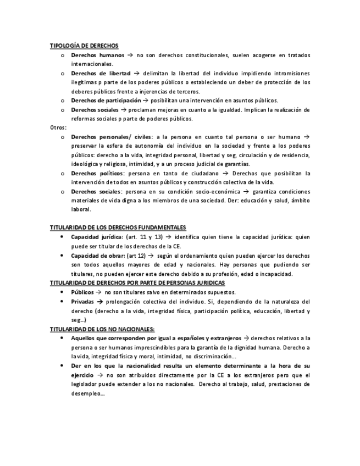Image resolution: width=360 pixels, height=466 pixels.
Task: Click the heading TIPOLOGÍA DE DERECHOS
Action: pyautogui.click(x=84, y=46)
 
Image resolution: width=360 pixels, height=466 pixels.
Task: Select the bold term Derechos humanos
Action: pyautogui.click(x=97, y=55)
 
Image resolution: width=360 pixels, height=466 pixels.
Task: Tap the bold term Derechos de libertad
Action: pyautogui.click(x=101, y=73)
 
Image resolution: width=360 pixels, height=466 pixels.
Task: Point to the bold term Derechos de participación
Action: pyautogui.click(x=106, y=100)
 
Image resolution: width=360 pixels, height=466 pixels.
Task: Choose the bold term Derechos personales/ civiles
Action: pyautogui.click(x=113, y=136)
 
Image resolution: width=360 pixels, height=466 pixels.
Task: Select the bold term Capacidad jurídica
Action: pyautogui.click(x=97, y=236)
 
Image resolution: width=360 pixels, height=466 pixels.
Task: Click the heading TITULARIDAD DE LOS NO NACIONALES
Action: pyautogui.click(x=102, y=328)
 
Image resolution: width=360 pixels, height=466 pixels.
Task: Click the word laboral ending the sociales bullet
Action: pyautogui.click(x=81, y=209)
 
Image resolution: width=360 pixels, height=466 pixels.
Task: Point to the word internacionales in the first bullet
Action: pyautogui.click(x=92, y=64)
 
